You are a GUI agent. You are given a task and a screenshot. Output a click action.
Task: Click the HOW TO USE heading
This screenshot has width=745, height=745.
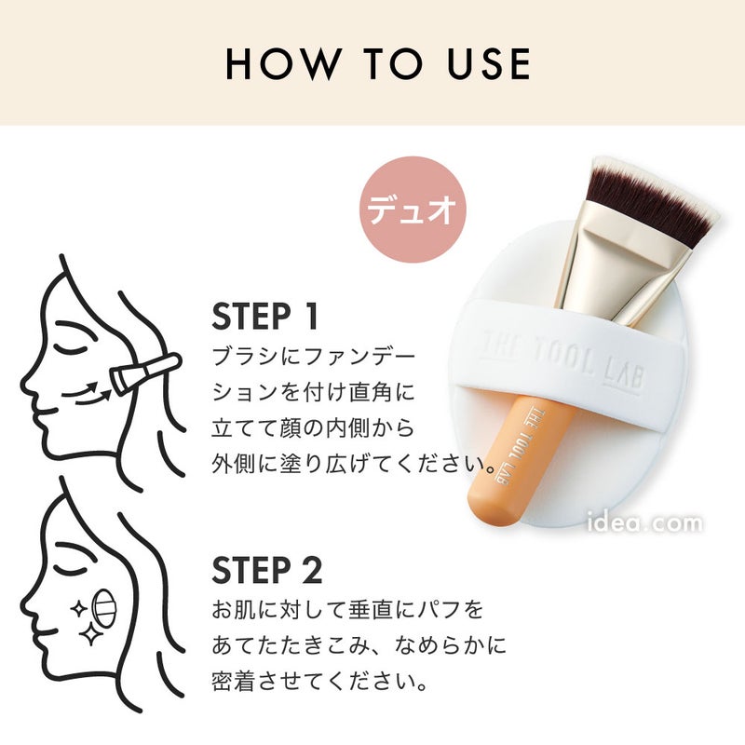(378, 63)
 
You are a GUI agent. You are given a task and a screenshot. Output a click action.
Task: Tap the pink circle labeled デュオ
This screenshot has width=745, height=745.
(413, 210)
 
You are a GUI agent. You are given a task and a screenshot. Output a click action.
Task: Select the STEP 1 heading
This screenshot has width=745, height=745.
(264, 317)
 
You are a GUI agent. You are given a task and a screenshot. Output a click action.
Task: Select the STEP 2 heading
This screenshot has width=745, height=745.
(267, 570)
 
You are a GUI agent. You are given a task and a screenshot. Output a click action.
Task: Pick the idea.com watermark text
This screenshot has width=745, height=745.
(644, 522)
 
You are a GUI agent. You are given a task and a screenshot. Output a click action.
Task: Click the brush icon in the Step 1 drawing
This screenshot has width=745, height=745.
(145, 374)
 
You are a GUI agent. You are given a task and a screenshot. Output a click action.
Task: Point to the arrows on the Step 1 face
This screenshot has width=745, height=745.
(87, 393)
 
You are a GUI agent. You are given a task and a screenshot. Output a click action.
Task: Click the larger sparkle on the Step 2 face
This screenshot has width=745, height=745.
(90, 633)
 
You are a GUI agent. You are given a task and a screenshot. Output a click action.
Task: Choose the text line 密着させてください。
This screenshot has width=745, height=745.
(319, 683)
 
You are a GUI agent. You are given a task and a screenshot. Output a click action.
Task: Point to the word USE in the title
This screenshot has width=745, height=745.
(489, 63)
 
